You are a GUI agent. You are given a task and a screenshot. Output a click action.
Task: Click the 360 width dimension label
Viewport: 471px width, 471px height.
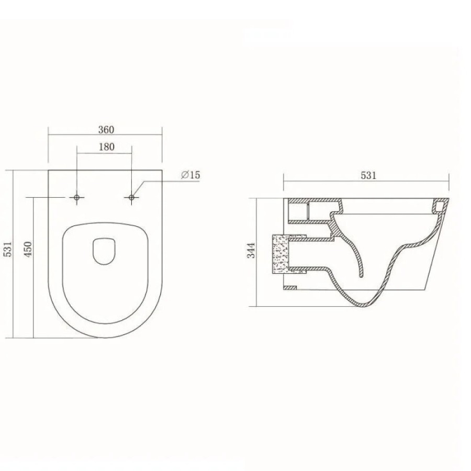(106, 129)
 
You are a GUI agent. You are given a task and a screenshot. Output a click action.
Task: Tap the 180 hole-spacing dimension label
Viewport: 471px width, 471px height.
(106, 147)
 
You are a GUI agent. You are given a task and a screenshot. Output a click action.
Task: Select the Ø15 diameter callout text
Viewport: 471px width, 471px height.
(190, 175)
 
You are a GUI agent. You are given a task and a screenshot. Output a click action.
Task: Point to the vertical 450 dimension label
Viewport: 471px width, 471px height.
(28, 249)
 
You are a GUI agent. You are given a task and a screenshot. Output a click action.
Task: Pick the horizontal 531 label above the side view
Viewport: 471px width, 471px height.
(368, 175)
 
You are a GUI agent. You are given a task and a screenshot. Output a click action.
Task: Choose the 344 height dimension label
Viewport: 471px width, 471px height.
(251, 250)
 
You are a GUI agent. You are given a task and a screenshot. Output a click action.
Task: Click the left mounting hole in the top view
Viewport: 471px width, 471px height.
(76, 197)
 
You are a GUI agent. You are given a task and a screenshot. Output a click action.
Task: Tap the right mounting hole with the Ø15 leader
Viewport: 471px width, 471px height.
(131, 197)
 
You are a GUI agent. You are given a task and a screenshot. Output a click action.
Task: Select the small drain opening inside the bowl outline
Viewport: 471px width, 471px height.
(104, 251)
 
